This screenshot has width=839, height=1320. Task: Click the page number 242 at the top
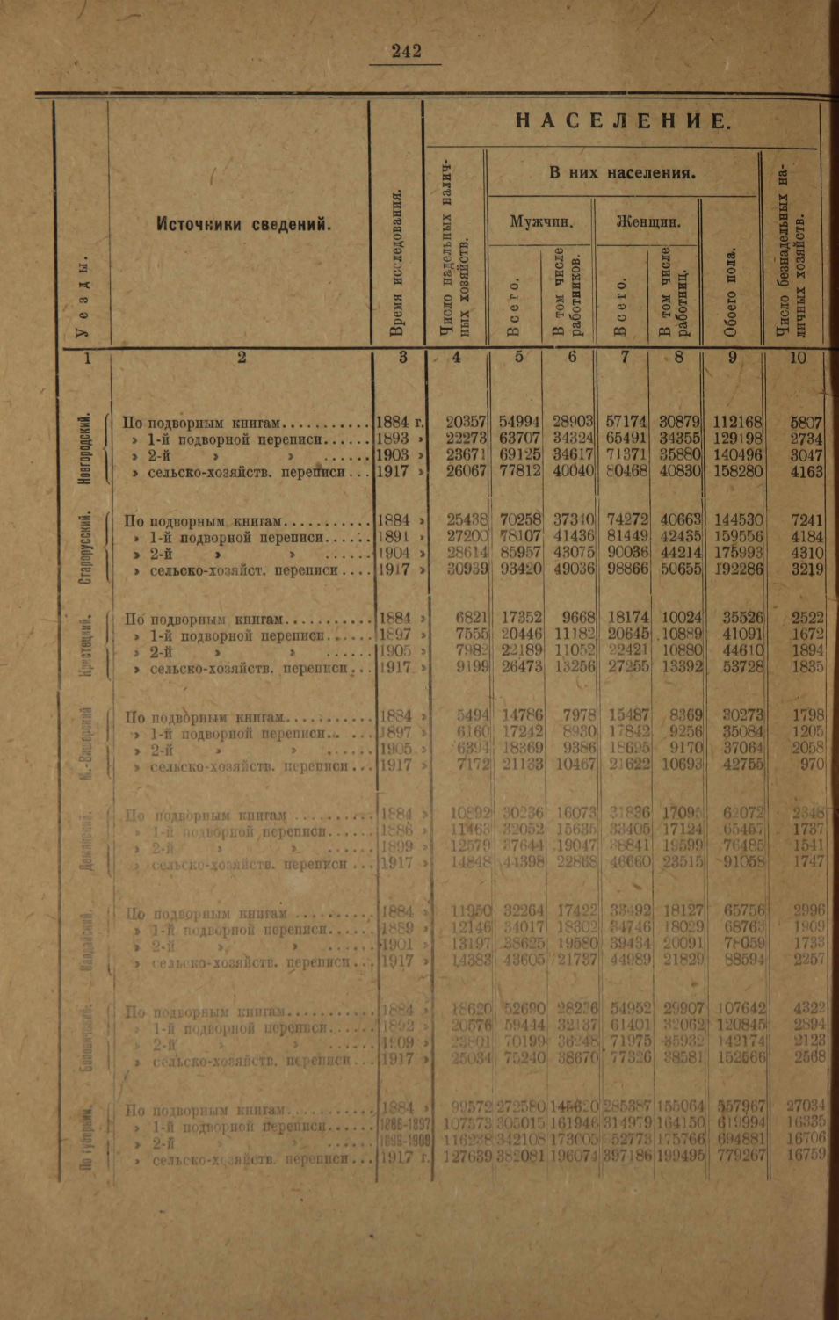click(407, 52)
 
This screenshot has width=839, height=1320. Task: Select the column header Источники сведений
click(244, 224)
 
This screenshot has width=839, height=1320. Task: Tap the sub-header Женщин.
click(648, 221)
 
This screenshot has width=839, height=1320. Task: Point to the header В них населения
click(623, 173)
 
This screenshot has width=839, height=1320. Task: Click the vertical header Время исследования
click(397, 264)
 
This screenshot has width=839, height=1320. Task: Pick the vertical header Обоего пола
click(731, 294)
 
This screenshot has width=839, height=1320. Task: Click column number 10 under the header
click(797, 358)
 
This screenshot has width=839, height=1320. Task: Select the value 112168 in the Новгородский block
click(737, 423)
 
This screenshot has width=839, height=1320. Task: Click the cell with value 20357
click(466, 423)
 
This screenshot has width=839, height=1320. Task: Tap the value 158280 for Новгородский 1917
click(737, 471)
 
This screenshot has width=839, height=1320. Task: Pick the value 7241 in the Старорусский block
click(806, 520)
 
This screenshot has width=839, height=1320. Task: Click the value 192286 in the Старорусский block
click(737, 569)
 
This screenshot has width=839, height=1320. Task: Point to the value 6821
click(473, 618)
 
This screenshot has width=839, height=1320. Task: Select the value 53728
click(742, 667)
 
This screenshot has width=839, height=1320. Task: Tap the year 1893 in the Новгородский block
click(393, 439)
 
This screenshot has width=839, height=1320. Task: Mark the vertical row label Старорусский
click(86, 545)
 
